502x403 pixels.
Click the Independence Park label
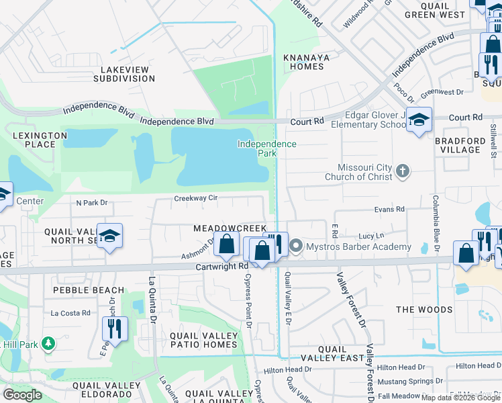266,148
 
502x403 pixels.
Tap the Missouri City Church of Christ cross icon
403,171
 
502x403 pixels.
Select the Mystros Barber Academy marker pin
296,247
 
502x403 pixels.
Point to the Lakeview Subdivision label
128,74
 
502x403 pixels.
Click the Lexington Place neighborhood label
40,140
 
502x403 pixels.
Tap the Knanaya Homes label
307,62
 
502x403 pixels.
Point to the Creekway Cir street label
195,198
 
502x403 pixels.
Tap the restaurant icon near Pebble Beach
114,328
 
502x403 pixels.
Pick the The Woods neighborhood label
424,310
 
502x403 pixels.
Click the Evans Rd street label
390,210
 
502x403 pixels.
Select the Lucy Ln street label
371,236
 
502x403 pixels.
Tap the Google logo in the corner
22,395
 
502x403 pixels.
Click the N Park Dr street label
92,202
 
